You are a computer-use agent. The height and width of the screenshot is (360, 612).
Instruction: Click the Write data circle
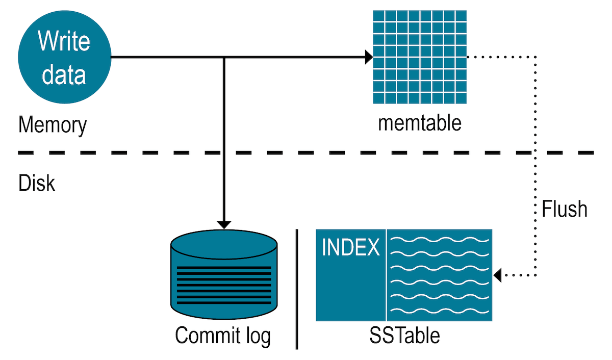(64, 57)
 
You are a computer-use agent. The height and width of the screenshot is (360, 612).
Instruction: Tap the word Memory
(53, 125)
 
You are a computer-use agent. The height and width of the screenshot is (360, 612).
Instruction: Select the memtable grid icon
(420, 57)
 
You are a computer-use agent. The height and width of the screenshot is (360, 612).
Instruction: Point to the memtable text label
(420, 123)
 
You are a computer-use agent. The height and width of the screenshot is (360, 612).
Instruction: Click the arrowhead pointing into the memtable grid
(369, 57)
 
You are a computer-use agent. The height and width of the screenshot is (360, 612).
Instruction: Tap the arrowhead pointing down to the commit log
(224, 224)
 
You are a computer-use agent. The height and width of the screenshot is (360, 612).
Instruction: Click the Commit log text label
(223, 336)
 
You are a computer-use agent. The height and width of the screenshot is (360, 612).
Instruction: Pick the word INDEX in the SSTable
(351, 248)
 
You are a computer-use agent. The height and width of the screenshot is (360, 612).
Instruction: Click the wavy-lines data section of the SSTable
(440, 275)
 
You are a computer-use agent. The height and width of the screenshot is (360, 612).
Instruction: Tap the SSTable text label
(404, 336)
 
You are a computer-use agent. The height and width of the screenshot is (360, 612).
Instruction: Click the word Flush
(565, 209)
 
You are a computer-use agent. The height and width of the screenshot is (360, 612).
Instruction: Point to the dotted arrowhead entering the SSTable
(498, 275)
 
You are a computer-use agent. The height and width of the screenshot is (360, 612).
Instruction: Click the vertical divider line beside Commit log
(297, 289)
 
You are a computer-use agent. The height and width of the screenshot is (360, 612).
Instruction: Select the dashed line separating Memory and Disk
(306, 152)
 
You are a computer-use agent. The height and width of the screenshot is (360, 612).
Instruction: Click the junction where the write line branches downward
(224, 57)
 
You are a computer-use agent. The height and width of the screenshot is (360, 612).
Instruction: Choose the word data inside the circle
(64, 73)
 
